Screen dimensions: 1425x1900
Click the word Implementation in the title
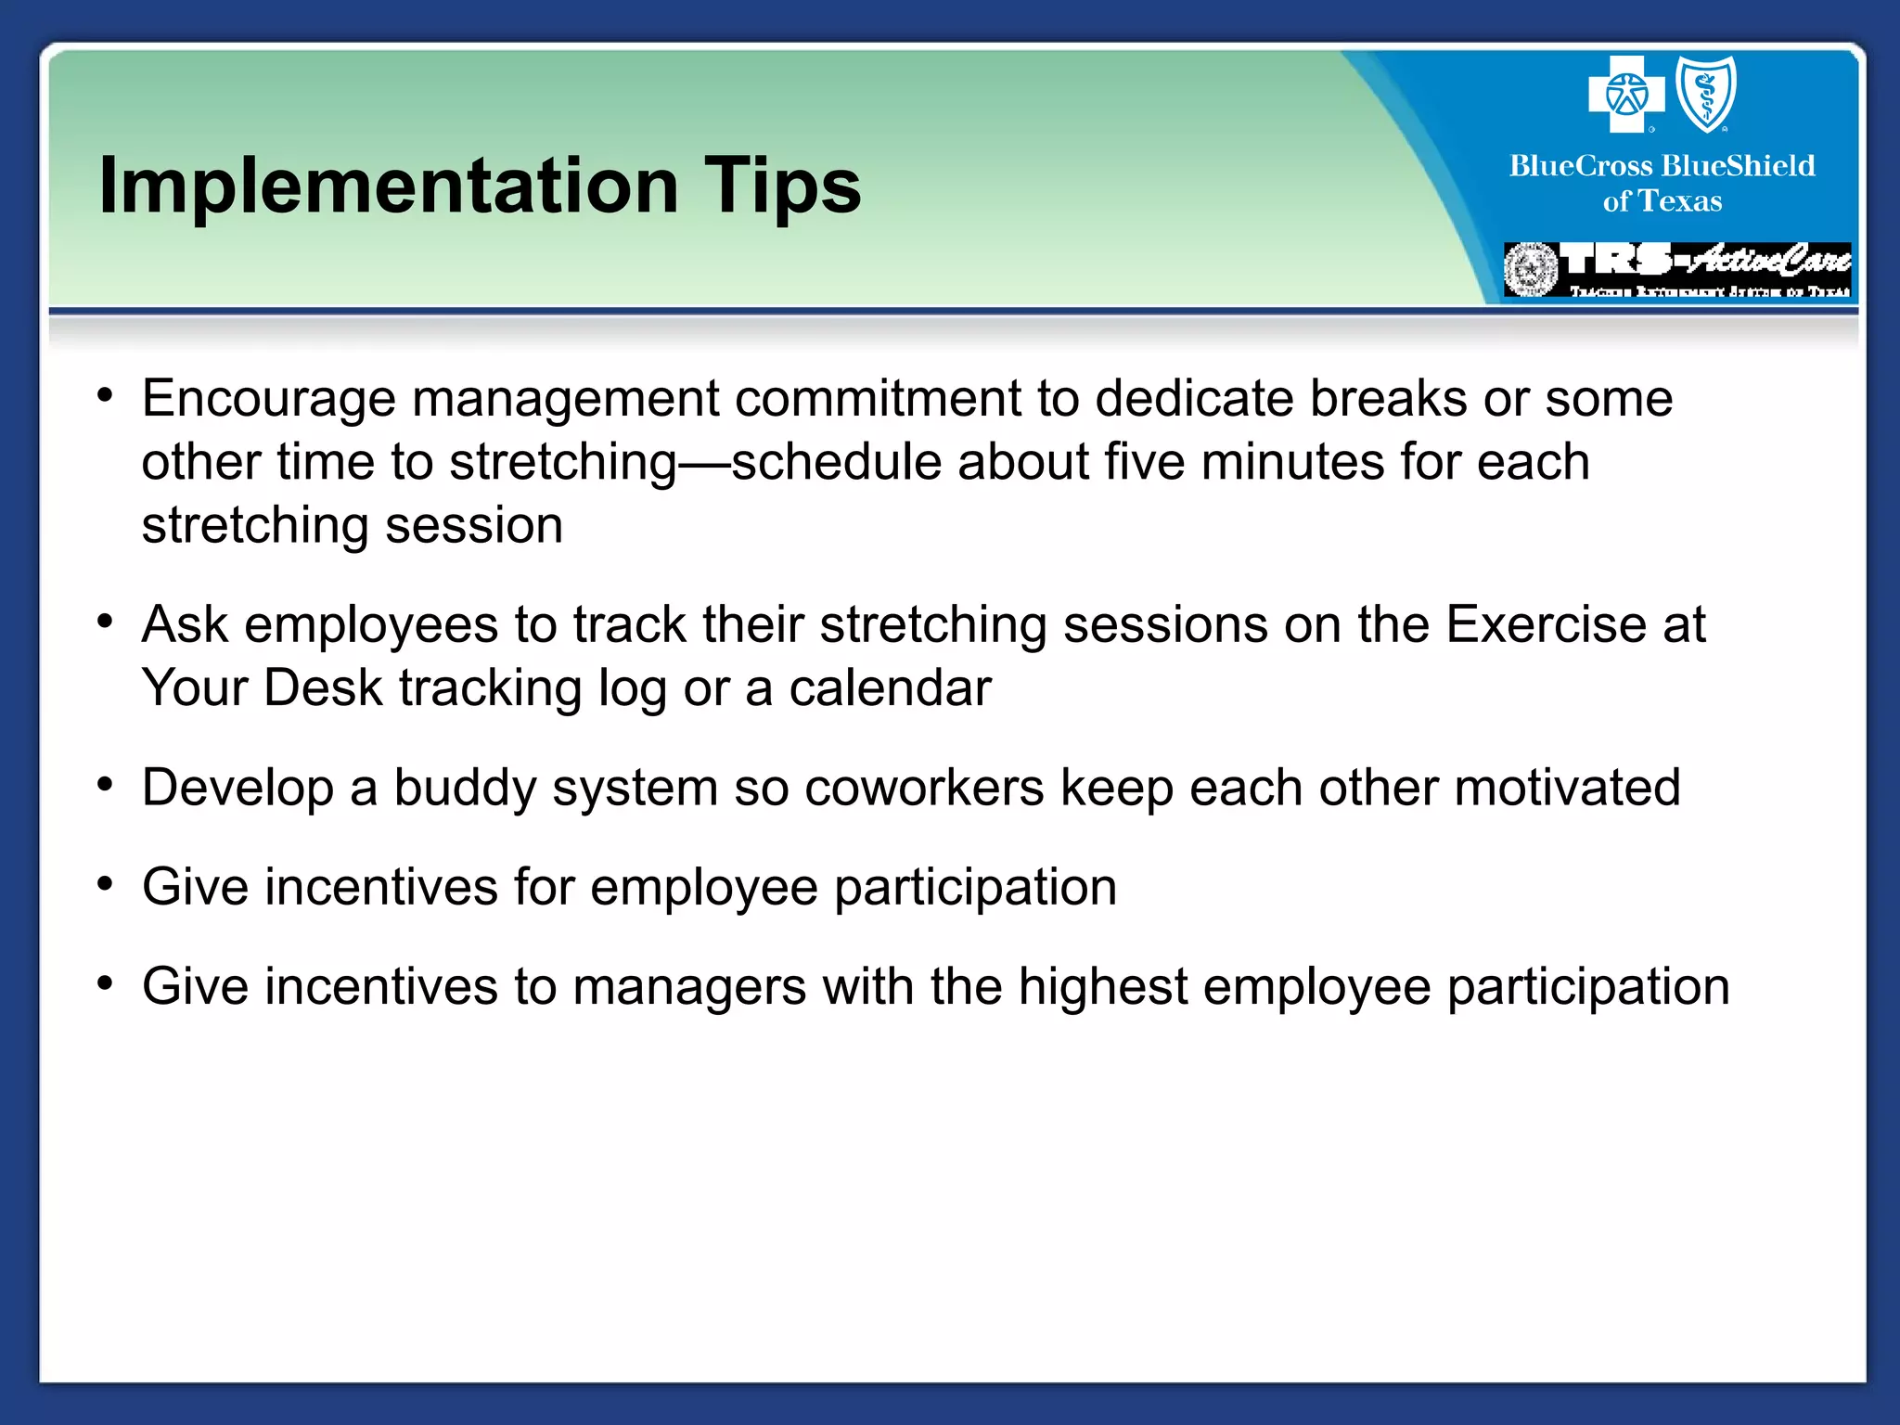[389, 187]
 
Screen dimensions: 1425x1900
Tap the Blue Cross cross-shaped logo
[1625, 95]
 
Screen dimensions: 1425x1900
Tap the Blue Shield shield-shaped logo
[1706, 94]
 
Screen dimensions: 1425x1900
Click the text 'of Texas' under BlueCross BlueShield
[1662, 201]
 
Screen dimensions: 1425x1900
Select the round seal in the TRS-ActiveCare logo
[1531, 270]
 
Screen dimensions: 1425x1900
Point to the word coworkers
[924, 789]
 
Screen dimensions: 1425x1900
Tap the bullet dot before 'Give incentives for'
[105, 884]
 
